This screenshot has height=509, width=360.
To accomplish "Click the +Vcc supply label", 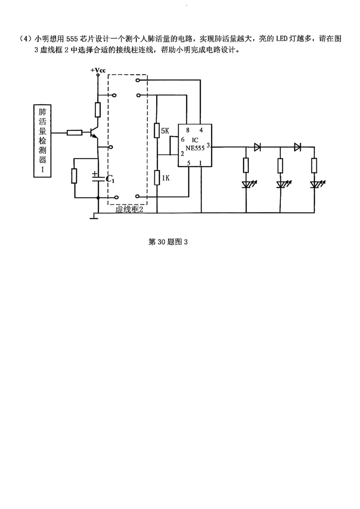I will (x=98, y=71).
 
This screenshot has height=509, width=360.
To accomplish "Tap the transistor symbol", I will (x=94, y=132).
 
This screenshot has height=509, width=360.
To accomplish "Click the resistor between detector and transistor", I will (x=74, y=133).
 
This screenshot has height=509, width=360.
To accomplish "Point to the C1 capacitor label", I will (x=110, y=179).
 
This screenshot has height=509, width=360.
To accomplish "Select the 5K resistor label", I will (x=165, y=131).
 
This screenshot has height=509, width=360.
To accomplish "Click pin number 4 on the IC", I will (x=201, y=130).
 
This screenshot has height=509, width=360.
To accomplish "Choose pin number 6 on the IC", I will (x=183, y=140).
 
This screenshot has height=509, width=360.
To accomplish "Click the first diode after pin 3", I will (x=257, y=147).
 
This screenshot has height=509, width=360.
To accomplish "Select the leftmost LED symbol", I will (x=246, y=184).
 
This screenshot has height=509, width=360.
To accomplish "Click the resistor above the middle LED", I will (x=280, y=165).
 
